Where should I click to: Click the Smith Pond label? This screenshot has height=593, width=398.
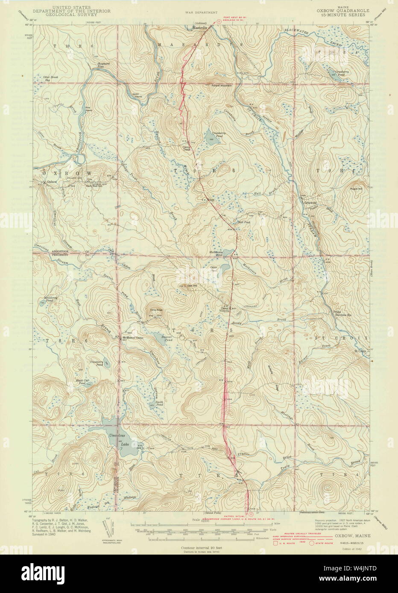(159, 403)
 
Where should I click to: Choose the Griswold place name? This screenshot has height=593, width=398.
(310, 203)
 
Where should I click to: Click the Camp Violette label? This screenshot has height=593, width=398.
(225, 310)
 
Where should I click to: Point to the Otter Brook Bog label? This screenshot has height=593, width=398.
(53, 78)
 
